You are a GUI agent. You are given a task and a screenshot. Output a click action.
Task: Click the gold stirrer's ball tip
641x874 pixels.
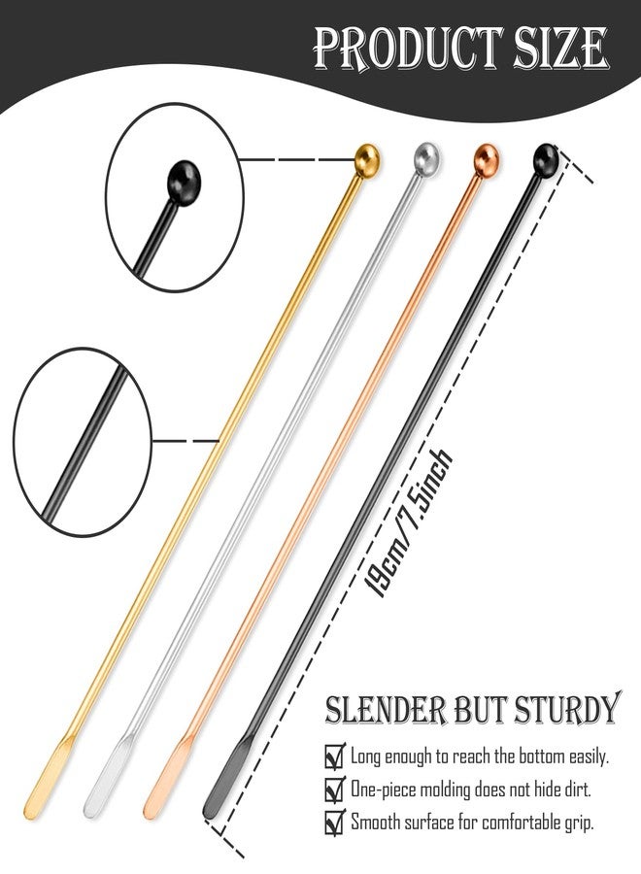[x=367, y=160]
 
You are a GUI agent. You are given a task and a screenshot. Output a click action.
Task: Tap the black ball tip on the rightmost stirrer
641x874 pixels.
[x=546, y=160]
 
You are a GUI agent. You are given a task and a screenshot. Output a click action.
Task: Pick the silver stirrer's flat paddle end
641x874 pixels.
[x=109, y=777]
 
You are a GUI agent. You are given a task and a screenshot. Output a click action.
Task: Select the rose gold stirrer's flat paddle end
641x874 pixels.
[x=169, y=777]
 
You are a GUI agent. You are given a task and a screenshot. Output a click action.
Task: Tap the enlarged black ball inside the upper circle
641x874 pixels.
[x=184, y=183]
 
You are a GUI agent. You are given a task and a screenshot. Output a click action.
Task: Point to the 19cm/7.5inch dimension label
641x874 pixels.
[x=407, y=522]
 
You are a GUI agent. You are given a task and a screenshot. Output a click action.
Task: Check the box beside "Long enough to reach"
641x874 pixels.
[x=334, y=756]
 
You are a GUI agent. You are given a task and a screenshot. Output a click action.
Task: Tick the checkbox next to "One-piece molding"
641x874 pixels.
[x=334, y=790]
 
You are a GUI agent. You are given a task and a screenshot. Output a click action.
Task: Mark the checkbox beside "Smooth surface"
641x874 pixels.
[x=334, y=823]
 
